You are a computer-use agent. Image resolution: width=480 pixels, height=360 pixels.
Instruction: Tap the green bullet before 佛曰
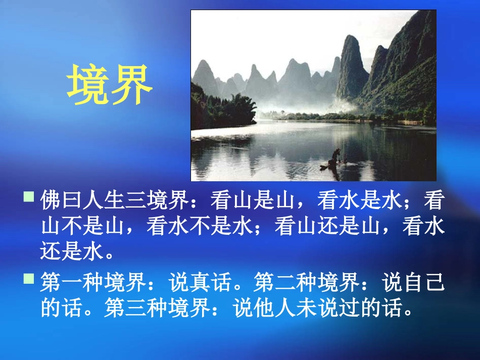[29, 196]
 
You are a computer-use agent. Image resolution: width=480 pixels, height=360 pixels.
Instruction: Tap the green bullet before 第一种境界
[29, 278]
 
